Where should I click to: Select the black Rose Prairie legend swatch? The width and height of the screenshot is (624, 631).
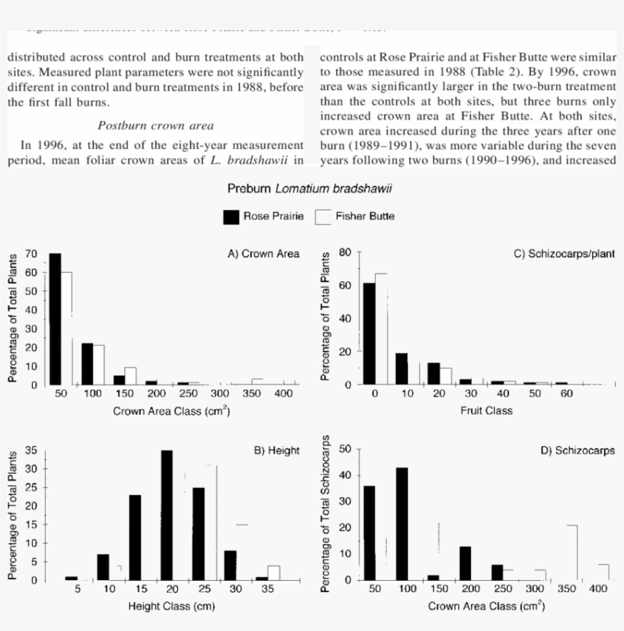click(231, 217)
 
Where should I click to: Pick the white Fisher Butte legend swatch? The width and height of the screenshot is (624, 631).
click(323, 217)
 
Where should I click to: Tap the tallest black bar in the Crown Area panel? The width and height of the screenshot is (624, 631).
click(55, 319)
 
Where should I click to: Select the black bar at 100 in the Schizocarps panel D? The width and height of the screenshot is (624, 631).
click(402, 524)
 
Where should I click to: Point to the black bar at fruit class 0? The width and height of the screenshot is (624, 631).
click(369, 334)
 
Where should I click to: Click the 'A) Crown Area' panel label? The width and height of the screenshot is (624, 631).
click(264, 254)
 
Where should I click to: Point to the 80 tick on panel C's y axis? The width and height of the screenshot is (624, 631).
click(343, 252)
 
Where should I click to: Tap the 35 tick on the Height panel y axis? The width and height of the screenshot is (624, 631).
click(33, 450)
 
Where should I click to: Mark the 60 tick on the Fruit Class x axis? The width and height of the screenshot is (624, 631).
click(566, 394)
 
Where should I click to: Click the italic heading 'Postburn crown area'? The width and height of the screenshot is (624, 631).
click(156, 125)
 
